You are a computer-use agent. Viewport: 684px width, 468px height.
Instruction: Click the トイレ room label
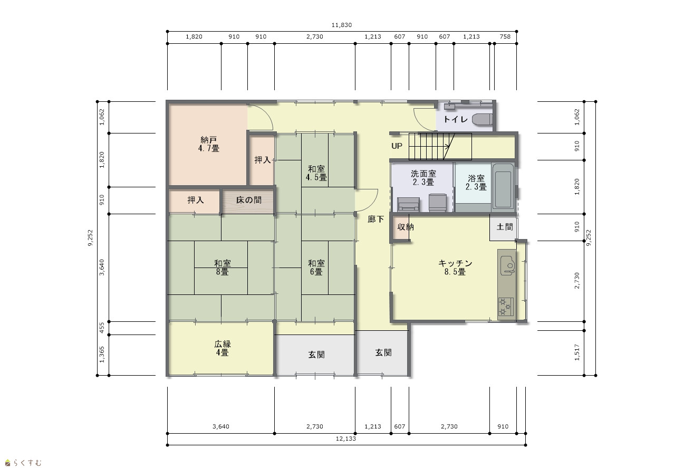coord(455,119)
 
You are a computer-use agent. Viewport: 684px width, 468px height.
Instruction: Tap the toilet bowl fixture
coord(483,119)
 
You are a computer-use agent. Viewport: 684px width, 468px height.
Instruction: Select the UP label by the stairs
coord(397,146)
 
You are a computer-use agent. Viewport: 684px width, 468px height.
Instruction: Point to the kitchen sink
coord(507,264)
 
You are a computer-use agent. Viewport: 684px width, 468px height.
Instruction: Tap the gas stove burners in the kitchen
coord(505,307)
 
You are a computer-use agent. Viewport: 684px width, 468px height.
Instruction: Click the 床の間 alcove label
coord(248,200)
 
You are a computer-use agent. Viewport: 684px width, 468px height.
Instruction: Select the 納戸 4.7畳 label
coord(209,144)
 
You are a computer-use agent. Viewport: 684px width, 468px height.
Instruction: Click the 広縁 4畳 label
coord(223,349)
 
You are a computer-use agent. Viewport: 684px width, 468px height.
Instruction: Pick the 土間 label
coord(505,227)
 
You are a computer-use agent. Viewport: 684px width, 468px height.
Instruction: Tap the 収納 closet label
coord(406,227)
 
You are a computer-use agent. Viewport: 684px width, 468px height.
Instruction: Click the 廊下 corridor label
coord(375,219)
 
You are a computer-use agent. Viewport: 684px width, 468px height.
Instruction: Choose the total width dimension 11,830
coord(342,25)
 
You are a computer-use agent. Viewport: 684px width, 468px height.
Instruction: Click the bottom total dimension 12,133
coord(346,438)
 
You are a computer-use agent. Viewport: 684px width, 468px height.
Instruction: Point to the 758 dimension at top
coord(505,36)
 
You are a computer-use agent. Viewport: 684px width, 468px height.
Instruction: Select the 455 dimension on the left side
coord(102,328)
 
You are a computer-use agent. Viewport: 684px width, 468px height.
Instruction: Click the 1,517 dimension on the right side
coord(577,352)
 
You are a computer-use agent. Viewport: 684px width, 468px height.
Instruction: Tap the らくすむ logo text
coord(27,463)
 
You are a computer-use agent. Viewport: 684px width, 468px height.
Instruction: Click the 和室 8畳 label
coord(223,268)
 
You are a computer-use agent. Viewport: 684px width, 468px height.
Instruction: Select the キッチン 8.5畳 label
coord(455,268)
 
